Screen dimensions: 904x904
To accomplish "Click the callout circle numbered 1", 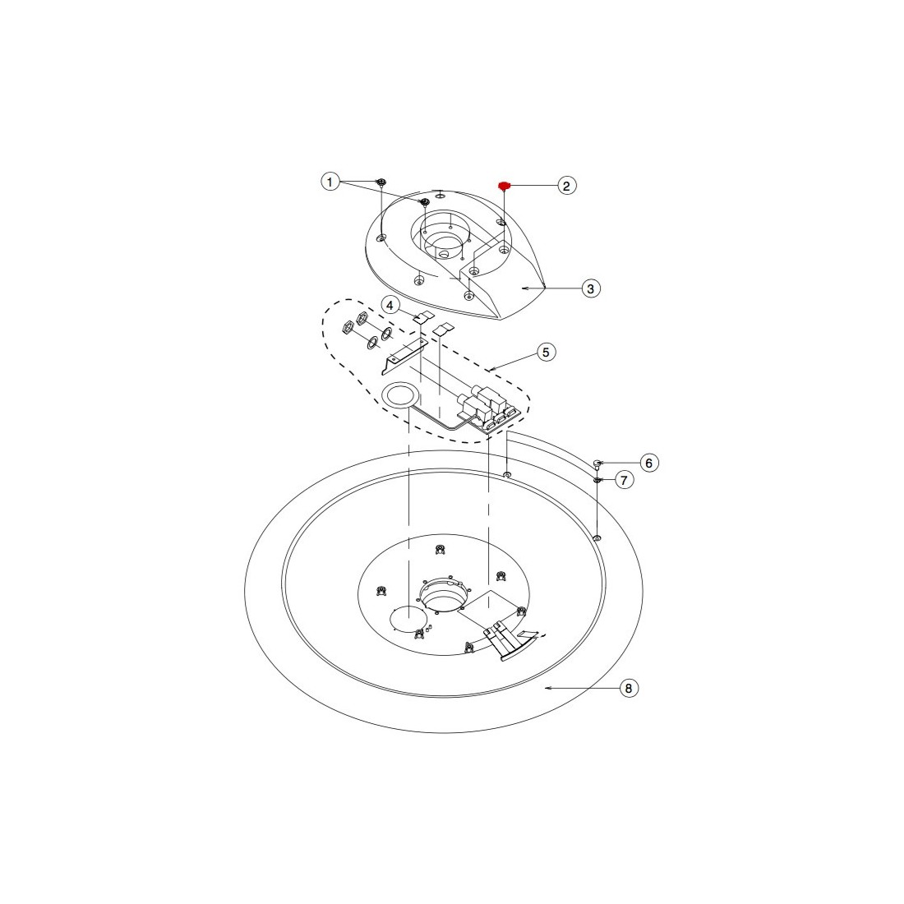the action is (330, 182).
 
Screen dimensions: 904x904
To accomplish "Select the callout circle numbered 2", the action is (567, 186).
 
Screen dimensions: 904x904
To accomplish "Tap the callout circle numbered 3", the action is (590, 288).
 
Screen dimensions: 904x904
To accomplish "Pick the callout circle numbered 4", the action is (390, 305).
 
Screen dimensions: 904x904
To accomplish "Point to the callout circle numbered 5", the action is (547, 352).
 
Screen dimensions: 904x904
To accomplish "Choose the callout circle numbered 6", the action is (649, 463).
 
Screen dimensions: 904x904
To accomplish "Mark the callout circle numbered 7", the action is (625, 480).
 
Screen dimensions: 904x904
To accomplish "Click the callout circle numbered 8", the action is (629, 688).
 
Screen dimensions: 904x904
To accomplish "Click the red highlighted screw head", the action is (503, 186).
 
